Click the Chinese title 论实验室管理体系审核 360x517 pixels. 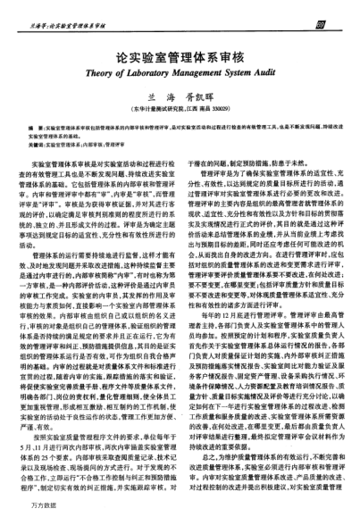click(180, 52)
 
